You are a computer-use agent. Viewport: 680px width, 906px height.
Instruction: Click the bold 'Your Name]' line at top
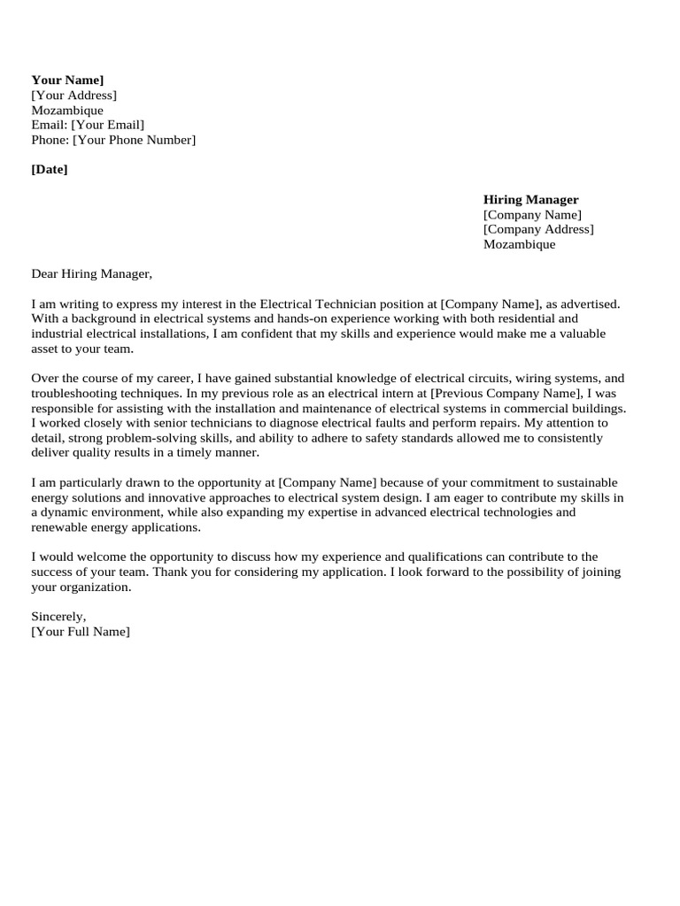tap(67, 81)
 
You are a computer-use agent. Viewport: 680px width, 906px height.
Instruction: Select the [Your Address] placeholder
tap(73, 96)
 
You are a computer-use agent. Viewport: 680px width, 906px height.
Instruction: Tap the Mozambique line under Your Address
tap(67, 111)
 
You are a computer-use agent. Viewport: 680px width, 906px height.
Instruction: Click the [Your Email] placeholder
tap(107, 125)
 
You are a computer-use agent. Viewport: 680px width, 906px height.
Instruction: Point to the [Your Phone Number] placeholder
tap(134, 140)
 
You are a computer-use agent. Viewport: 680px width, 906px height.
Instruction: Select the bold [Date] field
tap(50, 169)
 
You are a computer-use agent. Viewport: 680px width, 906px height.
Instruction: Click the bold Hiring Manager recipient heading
tap(530, 200)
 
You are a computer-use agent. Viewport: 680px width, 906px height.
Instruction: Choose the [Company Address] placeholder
tap(538, 229)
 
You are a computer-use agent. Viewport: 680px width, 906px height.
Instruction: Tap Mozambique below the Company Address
tap(519, 244)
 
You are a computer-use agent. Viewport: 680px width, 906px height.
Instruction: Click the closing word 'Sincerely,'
tap(58, 616)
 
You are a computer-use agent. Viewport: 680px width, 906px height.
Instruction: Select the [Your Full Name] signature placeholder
tap(80, 631)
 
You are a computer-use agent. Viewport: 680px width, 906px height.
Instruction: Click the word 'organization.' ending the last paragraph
tap(94, 587)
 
